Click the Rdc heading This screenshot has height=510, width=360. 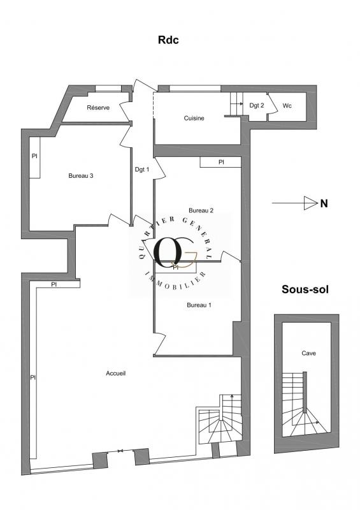[168, 40]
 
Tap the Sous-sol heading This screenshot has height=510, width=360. [305, 289]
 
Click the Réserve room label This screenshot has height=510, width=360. [98, 108]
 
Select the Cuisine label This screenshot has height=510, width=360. [194, 118]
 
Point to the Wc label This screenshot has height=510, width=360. [287, 106]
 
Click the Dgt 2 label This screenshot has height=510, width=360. [257, 105]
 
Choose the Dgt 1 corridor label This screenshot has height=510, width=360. [142, 170]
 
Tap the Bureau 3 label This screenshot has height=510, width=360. [81, 176]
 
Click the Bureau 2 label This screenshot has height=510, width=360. [201, 210]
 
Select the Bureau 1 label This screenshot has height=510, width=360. [199, 305]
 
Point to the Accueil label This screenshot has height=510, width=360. [116, 374]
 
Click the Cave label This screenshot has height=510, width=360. [308, 353]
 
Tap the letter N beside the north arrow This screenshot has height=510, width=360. [324, 203]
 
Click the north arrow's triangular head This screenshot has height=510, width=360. [310, 203]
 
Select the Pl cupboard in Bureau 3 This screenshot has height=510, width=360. [35, 157]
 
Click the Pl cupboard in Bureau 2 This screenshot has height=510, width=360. [220, 162]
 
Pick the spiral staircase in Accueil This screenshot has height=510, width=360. [220, 419]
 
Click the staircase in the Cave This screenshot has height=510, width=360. [305, 404]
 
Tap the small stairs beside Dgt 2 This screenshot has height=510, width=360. [237, 104]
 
